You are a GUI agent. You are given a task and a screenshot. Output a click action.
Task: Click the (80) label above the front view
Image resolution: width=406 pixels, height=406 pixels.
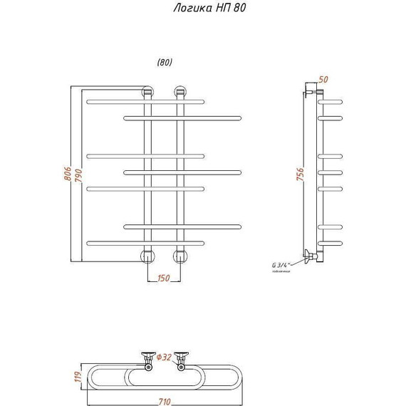coord(165,62)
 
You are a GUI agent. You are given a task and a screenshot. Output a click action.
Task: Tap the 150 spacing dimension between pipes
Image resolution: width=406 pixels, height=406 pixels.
coord(163,279)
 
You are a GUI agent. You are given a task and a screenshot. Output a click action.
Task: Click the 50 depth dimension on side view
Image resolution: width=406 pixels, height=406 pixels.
coord(324,80)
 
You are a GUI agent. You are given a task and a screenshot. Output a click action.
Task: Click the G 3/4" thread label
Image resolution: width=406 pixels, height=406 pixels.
coord(282,265)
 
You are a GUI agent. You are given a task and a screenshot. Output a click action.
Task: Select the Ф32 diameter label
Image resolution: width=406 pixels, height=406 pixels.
coord(164,356)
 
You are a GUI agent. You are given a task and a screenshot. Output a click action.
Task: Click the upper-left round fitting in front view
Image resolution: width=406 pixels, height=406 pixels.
coord(148,92)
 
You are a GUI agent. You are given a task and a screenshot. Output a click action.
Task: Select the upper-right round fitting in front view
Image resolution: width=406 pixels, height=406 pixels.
coord(179,92)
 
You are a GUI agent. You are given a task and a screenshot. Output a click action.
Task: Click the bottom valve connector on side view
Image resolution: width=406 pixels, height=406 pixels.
coord(309,256)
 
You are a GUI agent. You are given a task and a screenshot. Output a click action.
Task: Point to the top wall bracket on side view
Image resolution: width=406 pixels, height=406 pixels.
coord(311,92)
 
